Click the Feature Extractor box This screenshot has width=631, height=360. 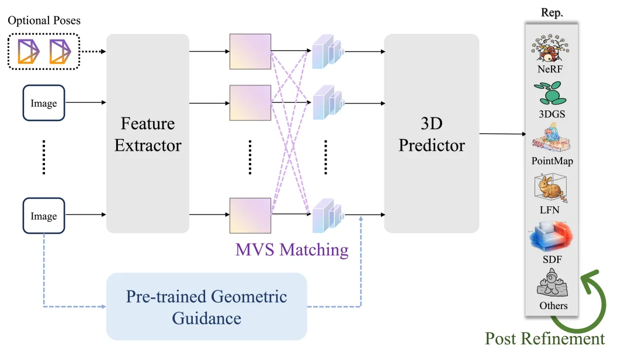148,133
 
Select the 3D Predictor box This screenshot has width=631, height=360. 431,133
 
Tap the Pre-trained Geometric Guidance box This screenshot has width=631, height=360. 206,306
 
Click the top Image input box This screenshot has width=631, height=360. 44,103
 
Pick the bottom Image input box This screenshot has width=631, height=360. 44,216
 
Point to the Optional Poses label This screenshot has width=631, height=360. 44,20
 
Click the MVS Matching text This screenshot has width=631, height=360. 292,250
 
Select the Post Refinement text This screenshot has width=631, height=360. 545,338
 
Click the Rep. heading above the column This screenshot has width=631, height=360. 552,13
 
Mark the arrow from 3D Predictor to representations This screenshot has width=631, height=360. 502,134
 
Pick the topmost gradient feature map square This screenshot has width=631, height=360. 250,51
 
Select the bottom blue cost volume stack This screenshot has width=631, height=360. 326,217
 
